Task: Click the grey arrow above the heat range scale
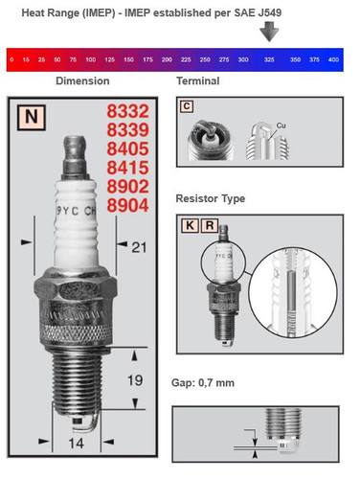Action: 271,33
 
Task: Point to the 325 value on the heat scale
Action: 270,59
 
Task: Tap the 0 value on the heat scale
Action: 11,59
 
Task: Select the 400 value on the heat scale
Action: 333,59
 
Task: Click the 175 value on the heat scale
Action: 147,59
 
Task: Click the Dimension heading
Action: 82,81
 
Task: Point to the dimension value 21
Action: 137,249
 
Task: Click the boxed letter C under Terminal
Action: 188,107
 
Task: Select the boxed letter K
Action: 188,228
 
